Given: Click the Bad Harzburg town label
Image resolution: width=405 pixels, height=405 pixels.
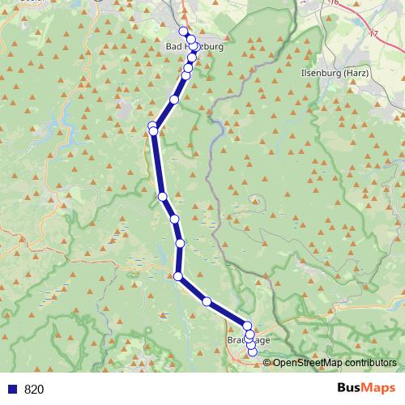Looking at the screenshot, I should click(194, 48).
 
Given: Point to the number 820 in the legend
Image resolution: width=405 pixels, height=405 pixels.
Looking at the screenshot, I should click(34, 390).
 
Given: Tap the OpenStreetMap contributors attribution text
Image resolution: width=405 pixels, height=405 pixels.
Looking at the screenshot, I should click(335, 363).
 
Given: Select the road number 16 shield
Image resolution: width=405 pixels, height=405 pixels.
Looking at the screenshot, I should click(334, 3).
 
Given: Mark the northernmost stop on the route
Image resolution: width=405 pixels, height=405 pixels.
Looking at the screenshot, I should click(184, 32).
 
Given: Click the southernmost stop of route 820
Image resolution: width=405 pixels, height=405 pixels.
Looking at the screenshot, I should click(253, 352).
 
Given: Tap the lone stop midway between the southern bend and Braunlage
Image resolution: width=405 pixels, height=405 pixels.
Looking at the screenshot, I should click(207, 301).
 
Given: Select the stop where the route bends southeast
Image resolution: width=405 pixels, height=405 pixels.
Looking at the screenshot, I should click(178, 276).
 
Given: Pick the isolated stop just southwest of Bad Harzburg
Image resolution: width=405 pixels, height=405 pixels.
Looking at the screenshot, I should click(174, 100).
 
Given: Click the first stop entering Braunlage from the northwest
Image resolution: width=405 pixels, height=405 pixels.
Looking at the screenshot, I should click(247, 326).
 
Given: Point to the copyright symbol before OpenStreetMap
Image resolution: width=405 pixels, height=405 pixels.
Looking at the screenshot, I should click(269, 363).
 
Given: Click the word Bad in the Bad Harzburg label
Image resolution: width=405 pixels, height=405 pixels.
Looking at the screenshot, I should click(173, 48).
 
